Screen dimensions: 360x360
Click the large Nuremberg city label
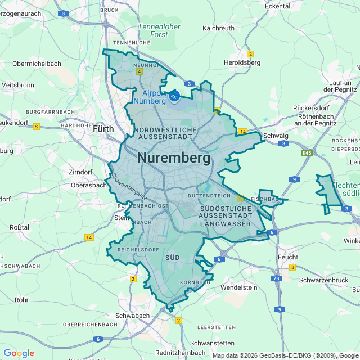point(174,158)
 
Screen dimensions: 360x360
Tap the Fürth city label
point(103,129)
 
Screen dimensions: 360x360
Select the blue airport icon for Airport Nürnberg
point(174,96)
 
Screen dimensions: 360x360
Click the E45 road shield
point(307,152)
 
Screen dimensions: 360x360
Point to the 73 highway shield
point(276,279)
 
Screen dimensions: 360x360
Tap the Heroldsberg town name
point(242,62)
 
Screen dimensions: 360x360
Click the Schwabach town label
point(132,316)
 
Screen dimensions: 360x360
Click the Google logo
point(19,353)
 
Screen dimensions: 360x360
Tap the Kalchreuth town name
point(219,28)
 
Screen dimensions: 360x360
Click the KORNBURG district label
point(195,282)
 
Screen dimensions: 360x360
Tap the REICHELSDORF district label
point(138,249)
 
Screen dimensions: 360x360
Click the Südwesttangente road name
point(129,187)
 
